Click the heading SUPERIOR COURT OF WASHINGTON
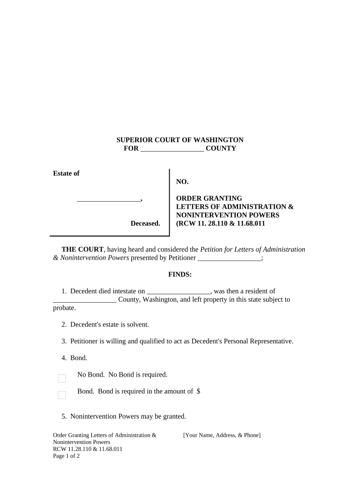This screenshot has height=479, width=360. point(180,140)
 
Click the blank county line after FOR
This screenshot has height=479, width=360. point(172,149)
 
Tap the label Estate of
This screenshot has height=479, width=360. point(66,174)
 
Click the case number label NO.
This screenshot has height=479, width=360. point(182,181)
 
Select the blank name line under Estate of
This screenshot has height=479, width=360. point(108,199)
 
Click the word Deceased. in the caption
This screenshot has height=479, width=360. point(145,224)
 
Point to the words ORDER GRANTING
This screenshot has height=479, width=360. point(209,198)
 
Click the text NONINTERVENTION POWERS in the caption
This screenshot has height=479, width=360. point(227,215)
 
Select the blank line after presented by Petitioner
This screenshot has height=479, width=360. point(230,258)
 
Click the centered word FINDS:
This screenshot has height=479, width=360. point(180,275)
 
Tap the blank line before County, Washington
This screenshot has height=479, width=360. point(85,300)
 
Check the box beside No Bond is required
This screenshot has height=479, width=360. point(62,378)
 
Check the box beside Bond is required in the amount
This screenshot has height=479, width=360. point(62,395)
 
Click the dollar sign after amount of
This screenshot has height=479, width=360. point(199,392)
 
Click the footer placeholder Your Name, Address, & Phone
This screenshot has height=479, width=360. point(222,435)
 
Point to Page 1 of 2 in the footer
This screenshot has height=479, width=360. point(66,456)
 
